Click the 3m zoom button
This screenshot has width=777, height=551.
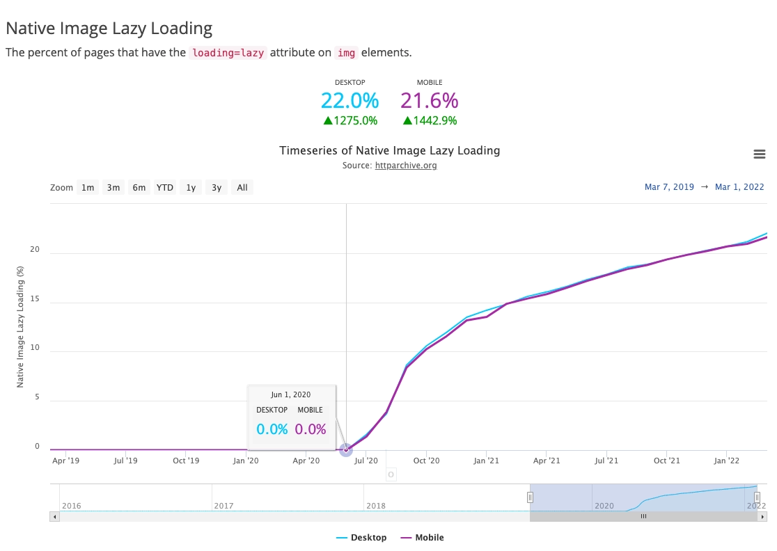click(113, 187)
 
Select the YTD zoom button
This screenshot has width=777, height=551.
click(165, 187)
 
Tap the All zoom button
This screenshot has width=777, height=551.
click(242, 187)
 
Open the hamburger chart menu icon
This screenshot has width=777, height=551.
click(760, 154)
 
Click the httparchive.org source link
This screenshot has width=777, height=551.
click(406, 166)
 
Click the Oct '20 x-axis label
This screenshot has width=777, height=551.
click(426, 461)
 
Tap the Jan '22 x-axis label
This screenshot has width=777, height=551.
click(727, 461)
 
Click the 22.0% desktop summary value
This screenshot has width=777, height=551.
click(350, 101)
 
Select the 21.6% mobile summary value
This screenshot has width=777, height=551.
click(429, 101)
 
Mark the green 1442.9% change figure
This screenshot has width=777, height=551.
click(430, 121)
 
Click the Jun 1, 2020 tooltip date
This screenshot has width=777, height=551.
click(291, 394)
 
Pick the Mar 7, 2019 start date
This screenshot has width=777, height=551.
click(669, 187)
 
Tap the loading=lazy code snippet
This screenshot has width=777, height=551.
click(228, 53)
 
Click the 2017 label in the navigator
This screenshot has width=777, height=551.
click(223, 506)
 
